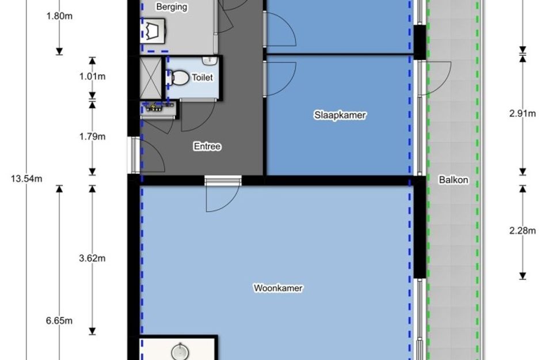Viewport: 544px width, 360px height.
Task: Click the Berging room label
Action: pos(172,6)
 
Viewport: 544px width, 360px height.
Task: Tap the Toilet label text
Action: pos(202,77)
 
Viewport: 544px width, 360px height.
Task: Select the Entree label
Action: pos(207,146)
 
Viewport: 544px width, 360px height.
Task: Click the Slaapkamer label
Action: pos(340,115)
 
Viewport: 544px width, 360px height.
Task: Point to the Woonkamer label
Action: pos(278,288)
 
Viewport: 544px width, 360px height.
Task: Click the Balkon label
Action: pos(454,180)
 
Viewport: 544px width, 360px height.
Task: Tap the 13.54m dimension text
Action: pos(26,179)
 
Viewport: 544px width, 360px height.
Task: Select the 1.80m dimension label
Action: pos(59,16)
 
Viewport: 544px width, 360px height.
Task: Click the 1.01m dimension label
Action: pos(92,77)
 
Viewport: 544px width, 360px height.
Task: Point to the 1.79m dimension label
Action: pos(92,137)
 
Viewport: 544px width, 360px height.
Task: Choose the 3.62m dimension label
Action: pos(92,258)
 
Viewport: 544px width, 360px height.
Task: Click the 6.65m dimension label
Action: pos(59,320)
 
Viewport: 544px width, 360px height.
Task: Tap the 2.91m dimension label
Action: pos(523,113)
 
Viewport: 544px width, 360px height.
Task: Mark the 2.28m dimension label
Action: pos(523,230)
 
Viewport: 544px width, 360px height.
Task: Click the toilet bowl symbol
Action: pos(178,78)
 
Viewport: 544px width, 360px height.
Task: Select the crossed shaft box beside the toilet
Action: pos(151,78)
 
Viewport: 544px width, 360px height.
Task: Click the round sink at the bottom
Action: pos(180,352)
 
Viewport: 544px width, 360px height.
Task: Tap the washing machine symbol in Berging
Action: pos(153,31)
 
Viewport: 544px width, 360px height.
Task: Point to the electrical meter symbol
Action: pos(154,108)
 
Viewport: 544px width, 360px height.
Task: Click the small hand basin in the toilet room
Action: pos(210,62)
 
